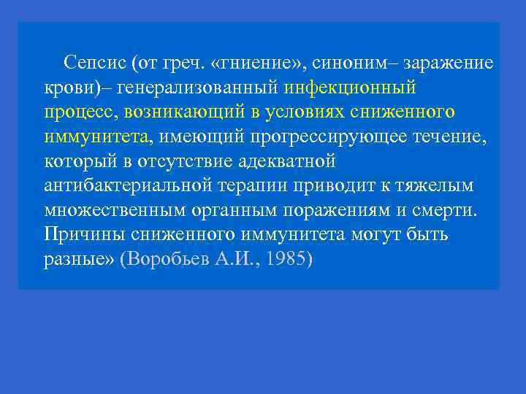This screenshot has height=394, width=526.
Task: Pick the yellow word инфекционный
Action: (350, 87)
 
